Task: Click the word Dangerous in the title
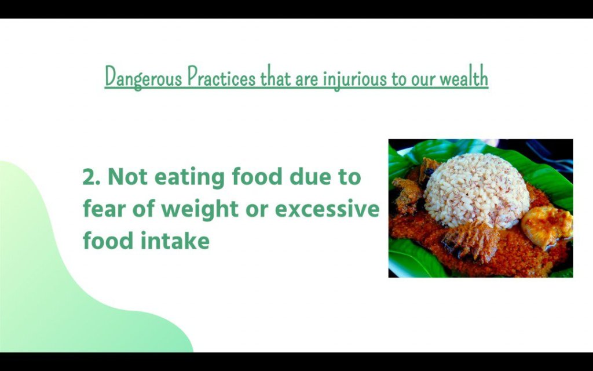[x=144, y=78]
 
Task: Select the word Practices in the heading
[x=222, y=77]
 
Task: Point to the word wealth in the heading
[x=464, y=77]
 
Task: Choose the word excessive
[x=327, y=209]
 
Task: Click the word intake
[x=175, y=241]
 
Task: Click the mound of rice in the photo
[x=477, y=190]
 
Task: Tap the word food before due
[x=257, y=176]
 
